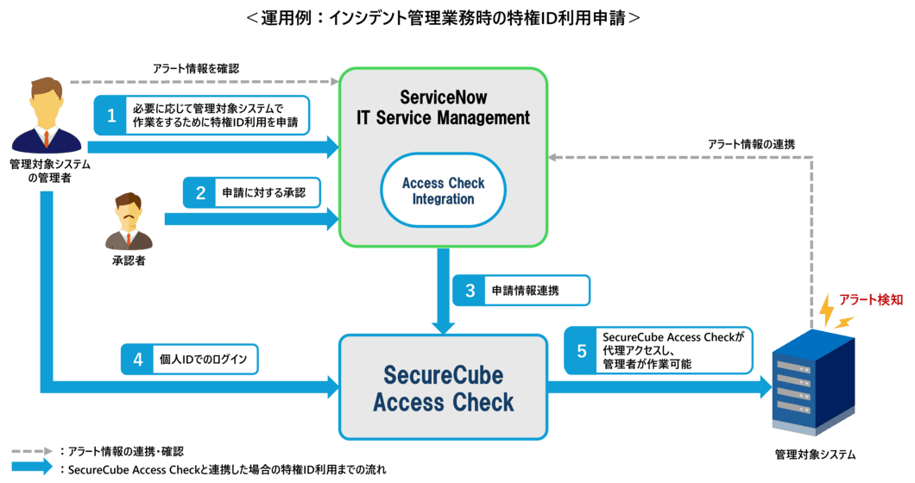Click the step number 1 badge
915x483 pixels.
coord(110,115)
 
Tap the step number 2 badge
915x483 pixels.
coord(199,193)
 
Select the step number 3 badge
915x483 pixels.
coord(470,290)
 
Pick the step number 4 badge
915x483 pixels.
coord(139,358)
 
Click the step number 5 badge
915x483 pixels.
coord(581,350)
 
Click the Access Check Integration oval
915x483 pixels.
coord(443,191)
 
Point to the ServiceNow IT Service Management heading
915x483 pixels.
coord(443,106)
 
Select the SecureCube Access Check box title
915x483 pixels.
coord(443,389)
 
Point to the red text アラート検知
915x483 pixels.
coord(876,299)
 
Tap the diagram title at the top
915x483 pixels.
coord(442,16)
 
